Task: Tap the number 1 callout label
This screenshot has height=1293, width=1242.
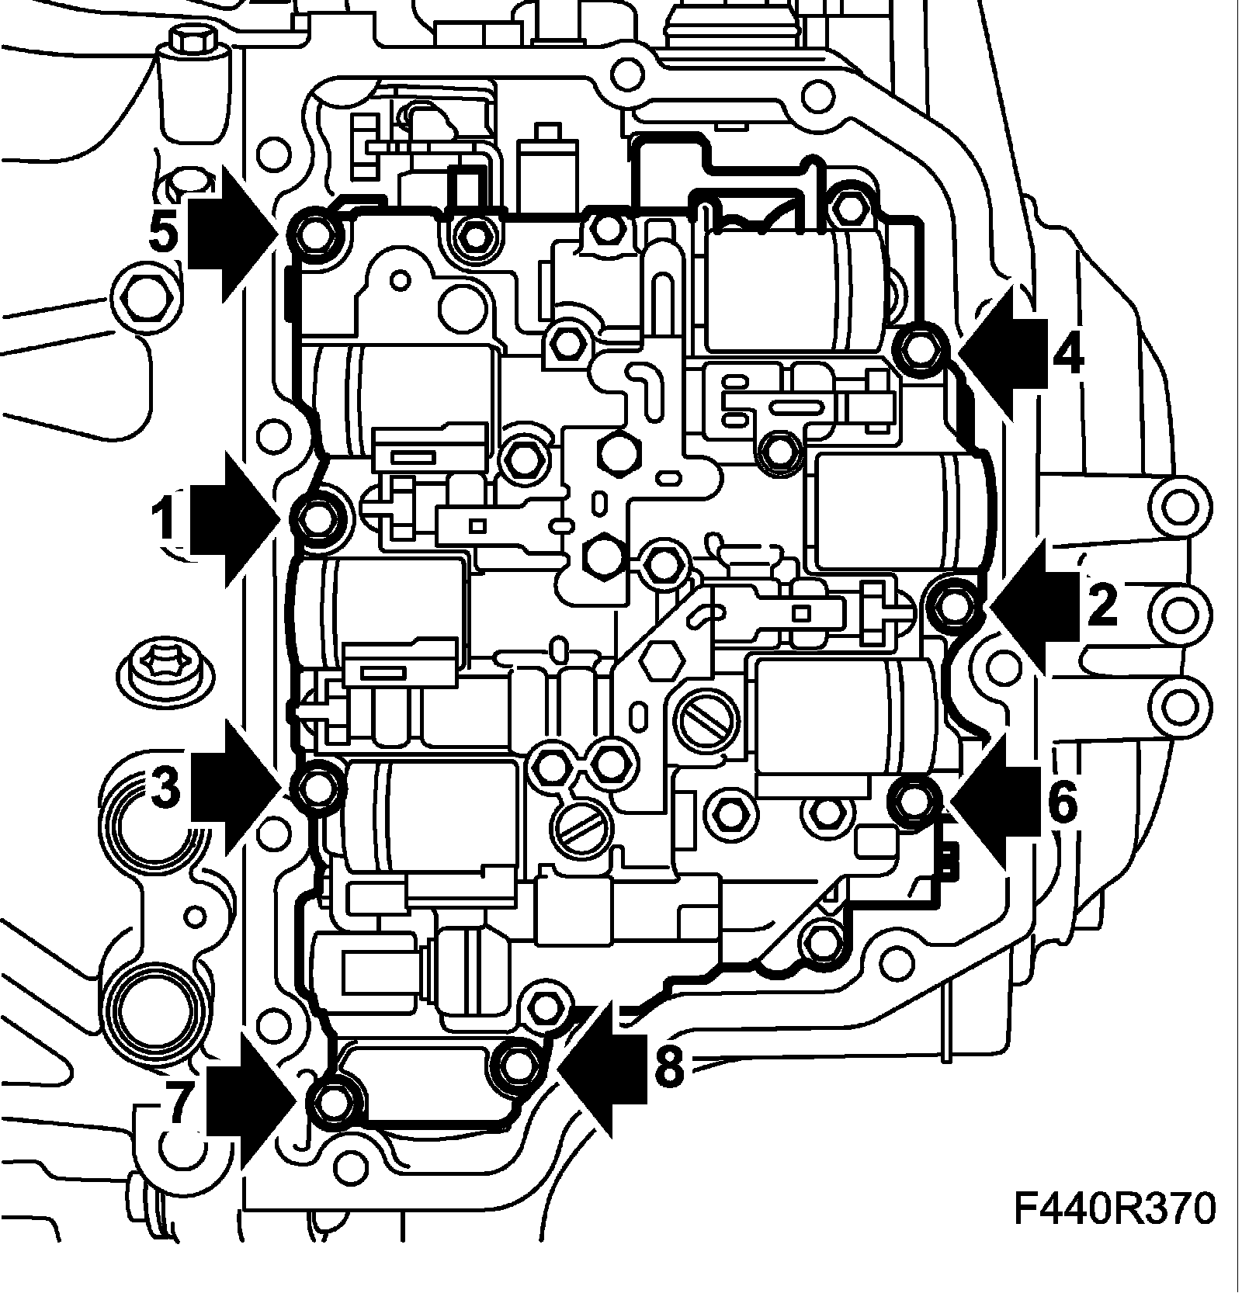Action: click(165, 521)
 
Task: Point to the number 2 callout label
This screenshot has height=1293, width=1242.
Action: click(1102, 603)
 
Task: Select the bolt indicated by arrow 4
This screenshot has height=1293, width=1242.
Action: click(920, 348)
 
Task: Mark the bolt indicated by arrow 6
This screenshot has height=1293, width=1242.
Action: click(914, 799)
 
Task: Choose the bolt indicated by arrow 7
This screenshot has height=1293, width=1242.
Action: click(332, 1101)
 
